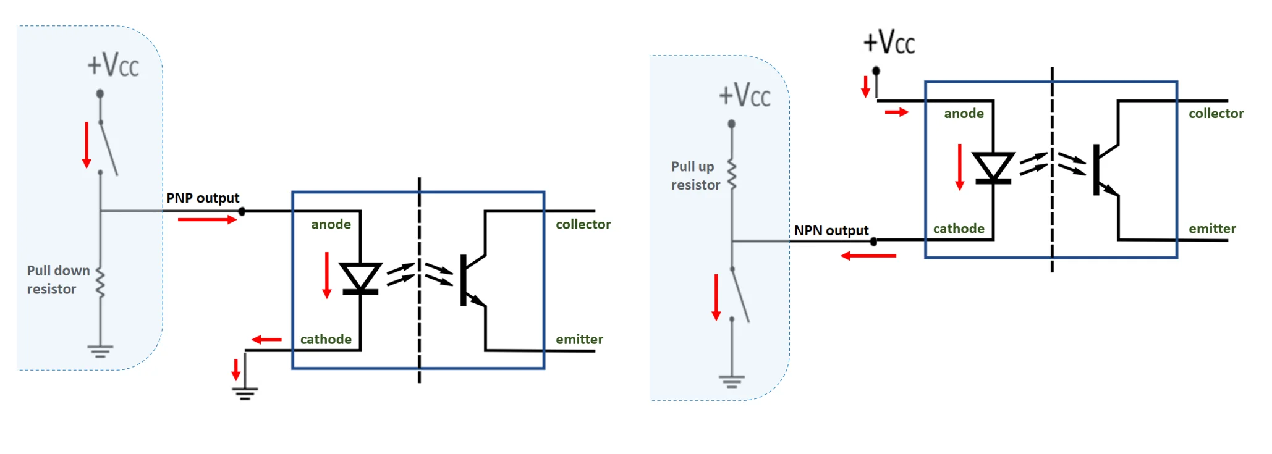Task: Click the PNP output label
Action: [202, 198]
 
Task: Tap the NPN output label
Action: [831, 231]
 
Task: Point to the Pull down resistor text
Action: [58, 280]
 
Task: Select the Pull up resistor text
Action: [695, 176]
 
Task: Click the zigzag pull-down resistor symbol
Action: [100, 284]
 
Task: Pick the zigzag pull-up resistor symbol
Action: [732, 175]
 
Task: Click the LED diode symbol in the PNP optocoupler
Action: [360, 278]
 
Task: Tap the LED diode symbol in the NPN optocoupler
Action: [993, 167]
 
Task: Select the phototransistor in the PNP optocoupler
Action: [473, 279]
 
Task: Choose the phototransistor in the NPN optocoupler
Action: [1106, 169]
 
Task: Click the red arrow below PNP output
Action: [207, 219]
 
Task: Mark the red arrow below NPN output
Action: [868, 256]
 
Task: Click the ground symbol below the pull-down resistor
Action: [100, 351]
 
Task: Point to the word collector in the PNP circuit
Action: [583, 224]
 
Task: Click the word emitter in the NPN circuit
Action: [1212, 229]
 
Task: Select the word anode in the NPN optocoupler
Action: [964, 114]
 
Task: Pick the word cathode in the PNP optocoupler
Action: [326, 340]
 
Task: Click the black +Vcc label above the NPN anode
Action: [889, 43]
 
